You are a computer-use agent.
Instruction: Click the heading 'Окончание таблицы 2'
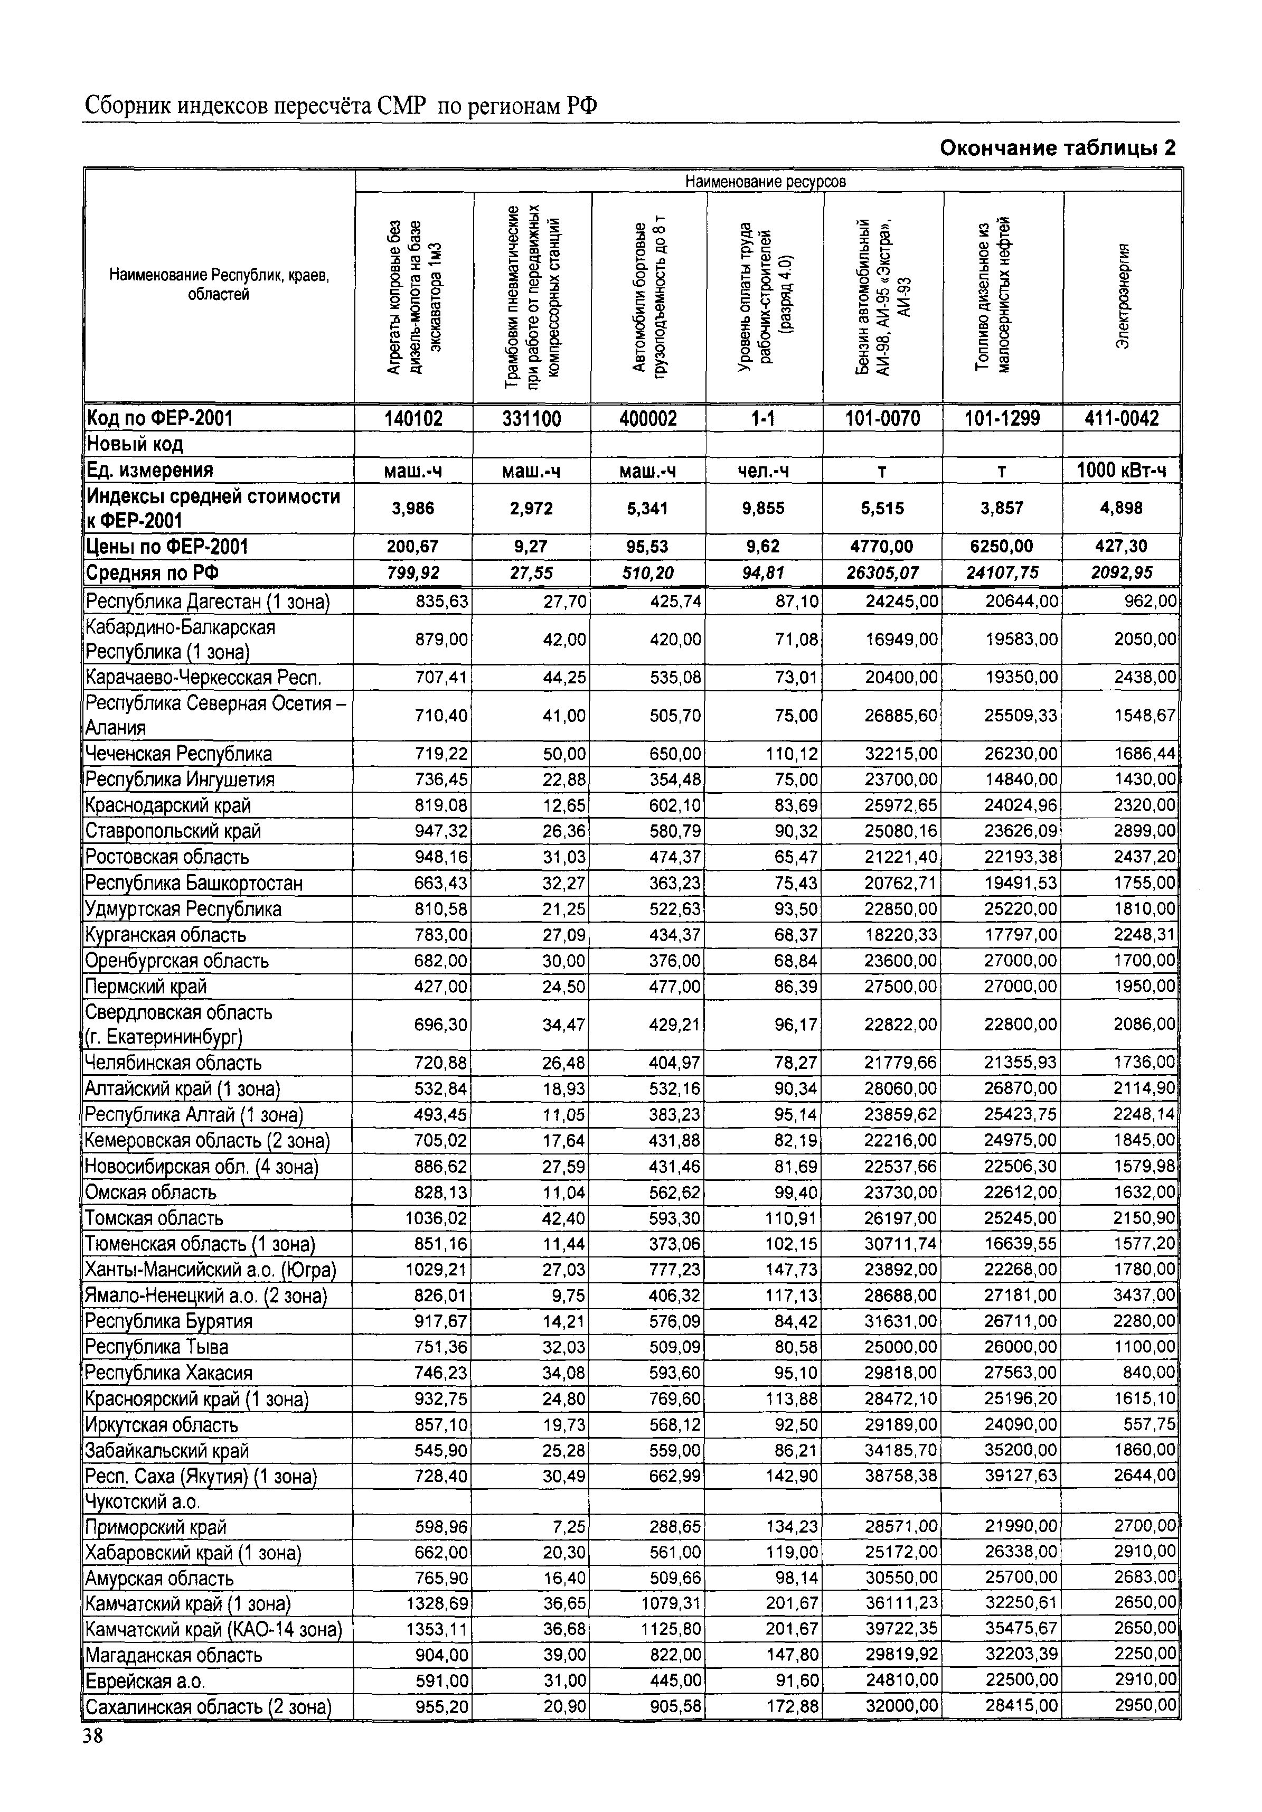(x=1058, y=148)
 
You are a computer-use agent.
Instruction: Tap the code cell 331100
(x=531, y=418)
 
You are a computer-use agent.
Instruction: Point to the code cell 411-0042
(x=1122, y=418)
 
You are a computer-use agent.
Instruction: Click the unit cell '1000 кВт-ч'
(x=1122, y=471)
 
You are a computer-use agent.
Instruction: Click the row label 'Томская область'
(x=155, y=1218)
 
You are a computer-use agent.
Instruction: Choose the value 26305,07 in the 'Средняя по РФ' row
(x=882, y=573)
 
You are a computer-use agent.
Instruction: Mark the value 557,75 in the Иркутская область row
(x=1149, y=1424)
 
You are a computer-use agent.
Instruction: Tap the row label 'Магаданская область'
(x=174, y=1656)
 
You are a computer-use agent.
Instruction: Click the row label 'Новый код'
(x=135, y=444)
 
